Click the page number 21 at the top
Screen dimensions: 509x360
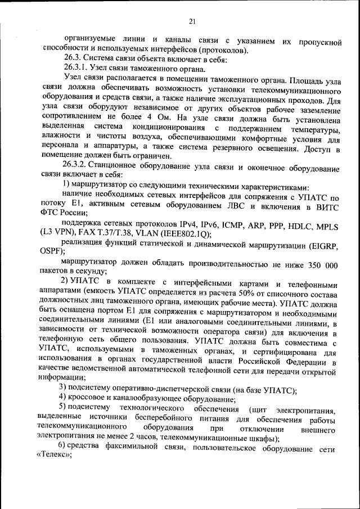pos(191,21)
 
